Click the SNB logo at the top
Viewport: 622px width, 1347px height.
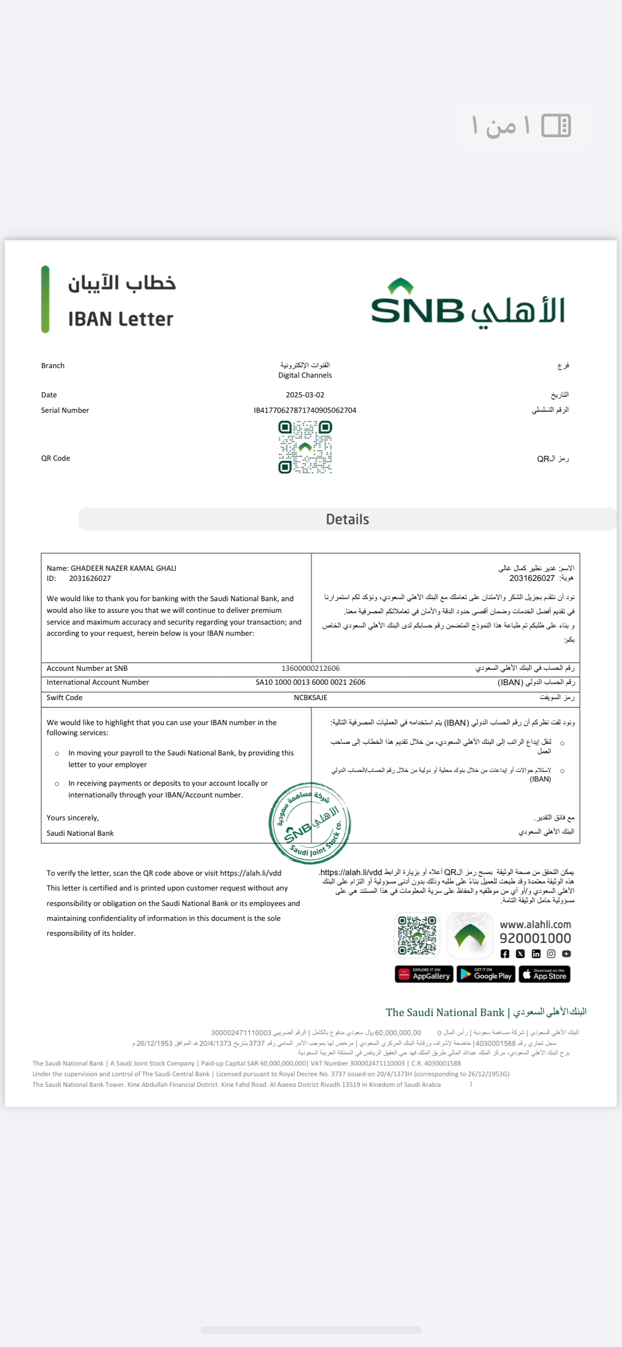pyautogui.click(x=468, y=303)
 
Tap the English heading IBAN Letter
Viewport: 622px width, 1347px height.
pyautogui.click(x=121, y=319)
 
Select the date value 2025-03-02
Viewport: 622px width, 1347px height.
pyautogui.click(x=305, y=395)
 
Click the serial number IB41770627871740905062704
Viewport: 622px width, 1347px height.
pyautogui.click(x=305, y=410)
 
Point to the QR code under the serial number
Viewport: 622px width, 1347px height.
pyautogui.click(x=305, y=447)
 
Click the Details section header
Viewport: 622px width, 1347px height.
pyautogui.click(x=347, y=519)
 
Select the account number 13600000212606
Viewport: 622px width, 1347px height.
pyautogui.click(x=310, y=669)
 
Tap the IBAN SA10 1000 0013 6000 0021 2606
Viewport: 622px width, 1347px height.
pyautogui.click(x=310, y=683)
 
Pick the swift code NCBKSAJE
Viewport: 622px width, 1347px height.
pyautogui.click(x=310, y=697)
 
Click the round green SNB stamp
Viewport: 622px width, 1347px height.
pyautogui.click(x=310, y=822)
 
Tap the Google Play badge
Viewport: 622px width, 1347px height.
pyautogui.click(x=486, y=974)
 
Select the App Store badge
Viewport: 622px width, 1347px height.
pyautogui.click(x=544, y=974)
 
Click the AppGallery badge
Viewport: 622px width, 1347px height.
pyautogui.click(x=424, y=974)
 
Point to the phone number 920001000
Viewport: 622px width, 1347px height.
pyautogui.click(x=535, y=938)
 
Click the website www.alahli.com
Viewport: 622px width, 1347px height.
pyautogui.click(x=535, y=925)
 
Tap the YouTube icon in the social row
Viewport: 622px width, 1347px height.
pyautogui.click(x=567, y=954)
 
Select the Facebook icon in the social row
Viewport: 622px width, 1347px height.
pyautogui.click(x=505, y=954)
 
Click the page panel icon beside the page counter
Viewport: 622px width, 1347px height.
pyautogui.click(x=556, y=126)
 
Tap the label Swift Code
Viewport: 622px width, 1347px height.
pyautogui.click(x=64, y=697)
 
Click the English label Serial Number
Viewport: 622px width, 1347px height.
pyautogui.click(x=65, y=410)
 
